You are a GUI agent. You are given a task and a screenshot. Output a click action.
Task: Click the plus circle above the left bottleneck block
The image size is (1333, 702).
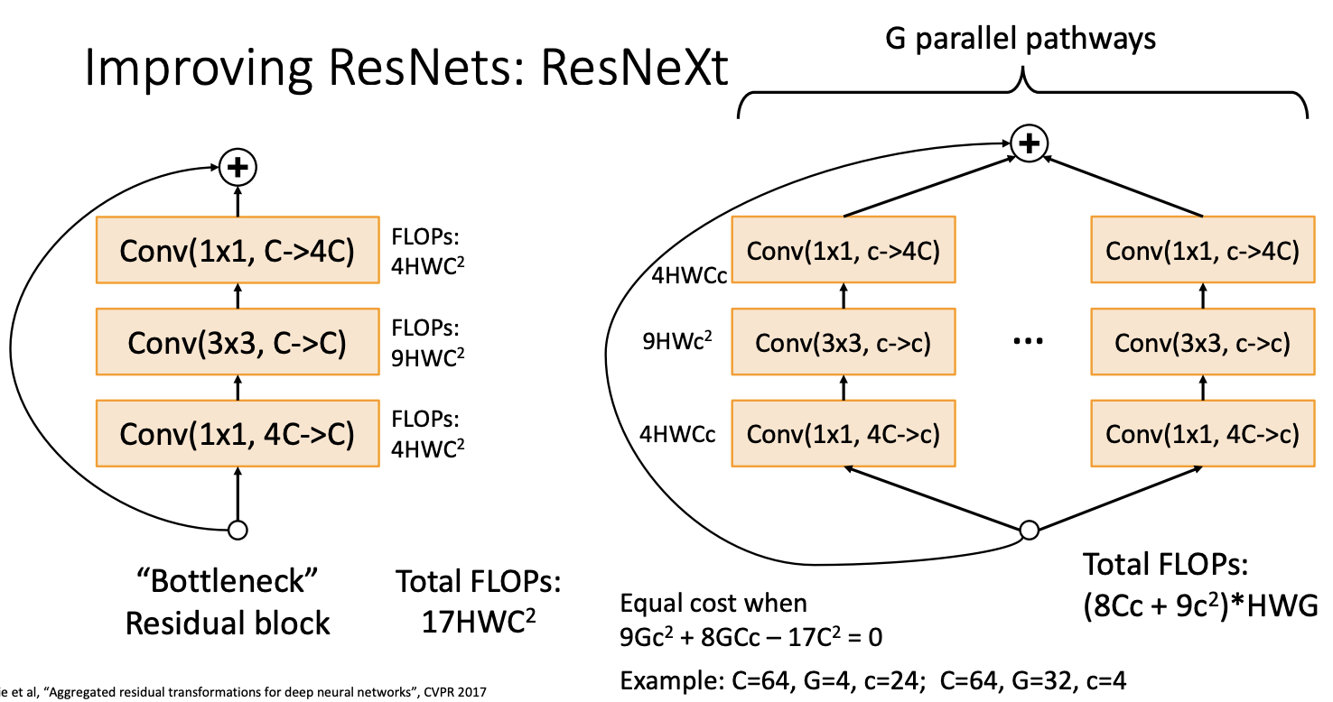(x=238, y=167)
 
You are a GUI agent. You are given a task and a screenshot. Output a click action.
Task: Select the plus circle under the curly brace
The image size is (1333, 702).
(x=1029, y=143)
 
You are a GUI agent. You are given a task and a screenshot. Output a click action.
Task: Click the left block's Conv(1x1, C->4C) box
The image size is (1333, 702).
(x=238, y=250)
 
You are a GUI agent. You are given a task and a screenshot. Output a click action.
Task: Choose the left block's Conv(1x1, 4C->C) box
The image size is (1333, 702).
(x=238, y=434)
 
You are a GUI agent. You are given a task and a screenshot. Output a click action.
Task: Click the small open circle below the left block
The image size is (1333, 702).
(x=238, y=530)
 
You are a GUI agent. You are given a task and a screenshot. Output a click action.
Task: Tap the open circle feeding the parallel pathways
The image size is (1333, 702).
(x=1028, y=530)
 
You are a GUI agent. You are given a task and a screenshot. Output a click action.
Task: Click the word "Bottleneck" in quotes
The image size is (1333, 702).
(x=228, y=582)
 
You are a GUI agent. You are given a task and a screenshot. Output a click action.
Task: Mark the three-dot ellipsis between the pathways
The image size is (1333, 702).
(x=1029, y=342)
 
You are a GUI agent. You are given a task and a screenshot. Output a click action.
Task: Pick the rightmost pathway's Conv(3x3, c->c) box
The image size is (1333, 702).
(x=1202, y=342)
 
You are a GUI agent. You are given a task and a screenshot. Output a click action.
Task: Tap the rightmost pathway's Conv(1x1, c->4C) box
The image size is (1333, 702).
(x=1202, y=250)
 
